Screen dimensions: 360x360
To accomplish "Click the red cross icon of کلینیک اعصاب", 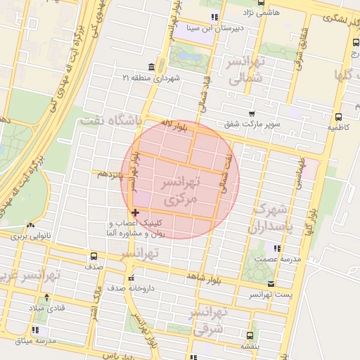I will pyautogui.click(x=134, y=212).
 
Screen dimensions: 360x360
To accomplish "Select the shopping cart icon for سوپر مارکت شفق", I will pyautogui.click(x=252, y=114).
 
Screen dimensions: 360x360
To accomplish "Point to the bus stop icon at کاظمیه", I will pyautogui.click(x=338, y=117).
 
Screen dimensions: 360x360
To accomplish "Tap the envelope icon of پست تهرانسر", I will pyautogui.click(x=271, y=283).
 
